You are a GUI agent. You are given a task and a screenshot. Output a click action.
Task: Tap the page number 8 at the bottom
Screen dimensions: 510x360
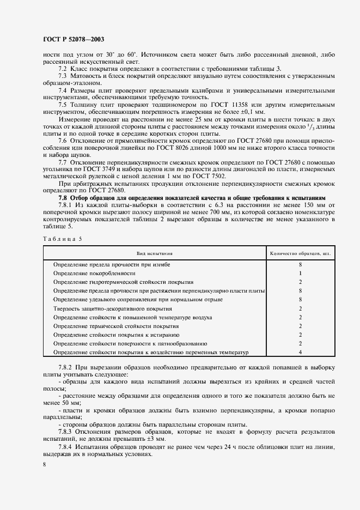[45, 464]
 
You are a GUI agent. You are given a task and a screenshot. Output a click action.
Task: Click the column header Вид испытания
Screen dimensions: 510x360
[155, 253]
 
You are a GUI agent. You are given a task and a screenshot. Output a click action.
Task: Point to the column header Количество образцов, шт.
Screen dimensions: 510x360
[300, 253]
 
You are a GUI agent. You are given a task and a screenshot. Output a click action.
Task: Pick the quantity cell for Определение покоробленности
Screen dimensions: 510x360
[300, 273]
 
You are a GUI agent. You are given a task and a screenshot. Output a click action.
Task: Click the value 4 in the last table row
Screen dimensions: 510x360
[300, 352]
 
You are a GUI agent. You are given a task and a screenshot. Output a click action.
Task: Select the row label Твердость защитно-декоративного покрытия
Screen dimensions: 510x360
[109, 308]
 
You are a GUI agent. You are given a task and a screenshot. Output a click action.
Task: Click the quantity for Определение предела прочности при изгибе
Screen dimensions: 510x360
[300, 264]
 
